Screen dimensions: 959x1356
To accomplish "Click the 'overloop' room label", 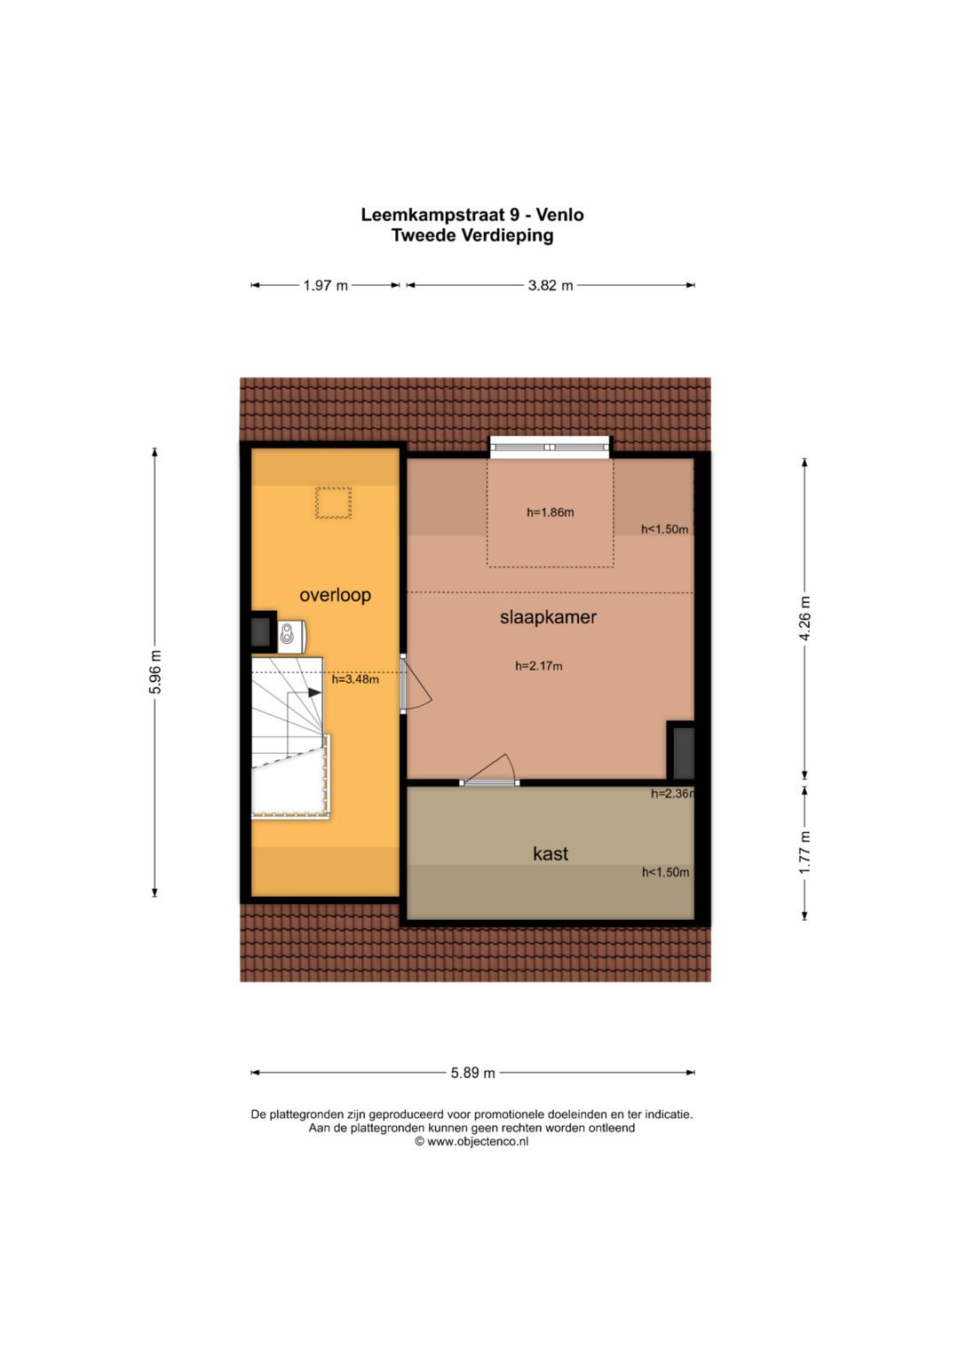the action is pos(335,595).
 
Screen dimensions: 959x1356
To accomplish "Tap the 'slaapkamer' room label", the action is pos(548,617).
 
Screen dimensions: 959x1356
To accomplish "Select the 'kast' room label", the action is pos(551,853).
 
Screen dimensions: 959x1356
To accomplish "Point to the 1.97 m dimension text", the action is pos(325,285).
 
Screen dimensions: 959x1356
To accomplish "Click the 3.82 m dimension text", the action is pos(551,285).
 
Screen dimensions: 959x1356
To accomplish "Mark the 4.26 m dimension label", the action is pos(804,617).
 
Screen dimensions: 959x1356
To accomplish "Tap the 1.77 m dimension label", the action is pos(804,852).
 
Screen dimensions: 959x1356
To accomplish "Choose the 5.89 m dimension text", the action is pos(472,1073).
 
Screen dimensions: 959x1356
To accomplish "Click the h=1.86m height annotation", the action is pos(551,512).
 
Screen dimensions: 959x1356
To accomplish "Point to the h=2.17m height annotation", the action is pos(539,666).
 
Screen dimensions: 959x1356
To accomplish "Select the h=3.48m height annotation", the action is pos(355,679).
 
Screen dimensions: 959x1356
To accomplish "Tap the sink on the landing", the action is pos(292,635).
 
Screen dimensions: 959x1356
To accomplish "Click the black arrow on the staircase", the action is pos(314,693).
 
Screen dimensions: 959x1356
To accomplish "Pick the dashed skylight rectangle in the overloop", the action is pos(333,503).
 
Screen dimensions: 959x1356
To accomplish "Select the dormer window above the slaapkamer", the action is pos(551,447).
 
